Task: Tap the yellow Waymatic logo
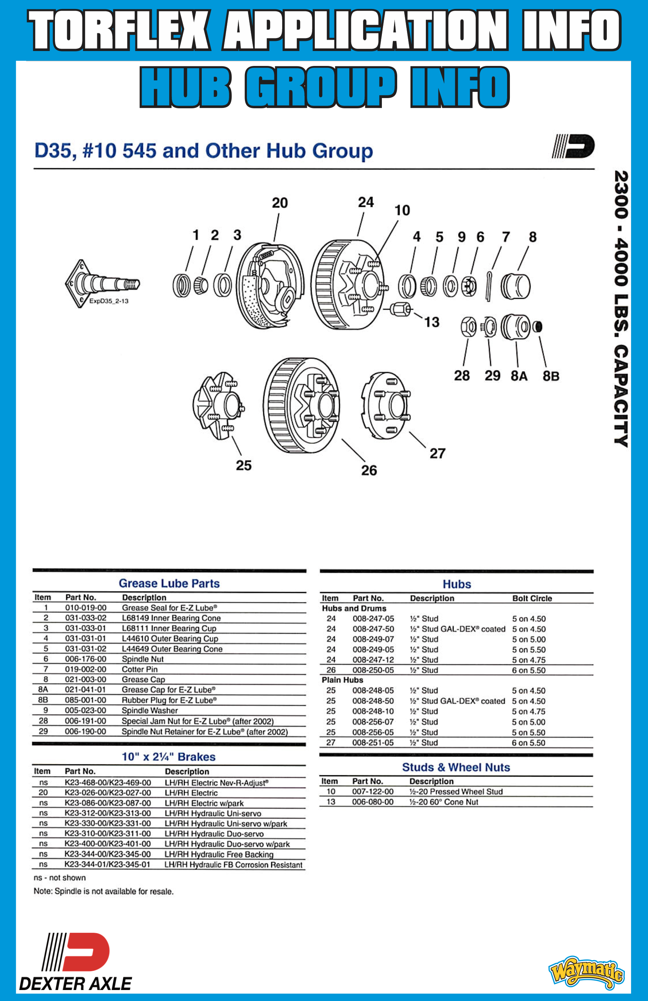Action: pos(586,972)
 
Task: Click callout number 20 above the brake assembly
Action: pos(280,203)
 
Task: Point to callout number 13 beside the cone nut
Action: pos(432,322)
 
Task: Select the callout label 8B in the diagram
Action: pos(551,376)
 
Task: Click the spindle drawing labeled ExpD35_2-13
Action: pos(101,283)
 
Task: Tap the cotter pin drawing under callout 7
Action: pos(489,286)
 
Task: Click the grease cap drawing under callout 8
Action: pos(516,286)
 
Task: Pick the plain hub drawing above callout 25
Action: pos(219,405)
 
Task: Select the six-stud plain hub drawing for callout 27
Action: pos(385,405)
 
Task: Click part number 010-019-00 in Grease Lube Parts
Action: pos(86,608)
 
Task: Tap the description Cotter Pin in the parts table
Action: pos(140,669)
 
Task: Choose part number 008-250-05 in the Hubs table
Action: pos(373,670)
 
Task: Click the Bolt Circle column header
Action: pos(532,598)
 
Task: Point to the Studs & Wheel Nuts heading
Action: pos(456,767)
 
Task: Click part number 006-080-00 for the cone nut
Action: pos(373,802)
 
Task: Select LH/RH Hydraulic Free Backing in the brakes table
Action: pos(219,854)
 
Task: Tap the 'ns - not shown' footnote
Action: pos(60,878)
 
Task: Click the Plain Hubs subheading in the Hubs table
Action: pos(342,680)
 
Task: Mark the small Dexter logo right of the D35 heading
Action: pos(573,146)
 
